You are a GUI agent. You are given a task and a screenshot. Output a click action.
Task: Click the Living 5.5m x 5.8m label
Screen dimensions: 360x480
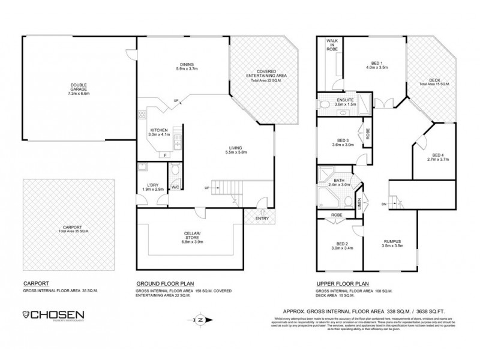[x=238, y=150]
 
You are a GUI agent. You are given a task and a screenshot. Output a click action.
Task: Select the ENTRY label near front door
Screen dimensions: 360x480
[x=262, y=218]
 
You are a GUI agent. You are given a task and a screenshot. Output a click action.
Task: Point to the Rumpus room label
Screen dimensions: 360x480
[x=392, y=244]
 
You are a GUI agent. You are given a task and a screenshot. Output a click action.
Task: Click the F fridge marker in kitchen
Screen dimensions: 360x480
[x=165, y=155]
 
